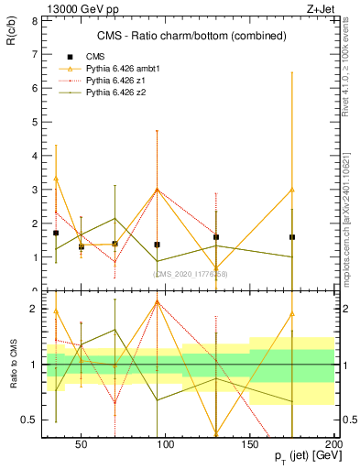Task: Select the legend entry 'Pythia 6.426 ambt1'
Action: click(120, 69)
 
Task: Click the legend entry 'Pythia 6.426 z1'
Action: click(115, 82)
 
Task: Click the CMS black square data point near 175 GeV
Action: click(291, 237)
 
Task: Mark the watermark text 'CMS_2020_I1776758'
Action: click(191, 273)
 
